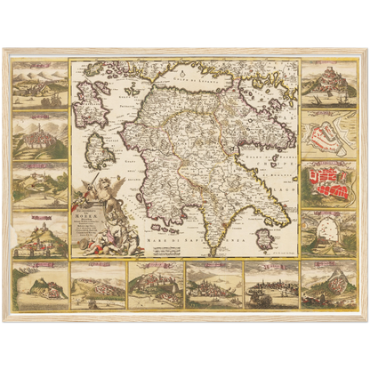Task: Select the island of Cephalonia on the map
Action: pos(90,111)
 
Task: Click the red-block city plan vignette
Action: pos(329,183)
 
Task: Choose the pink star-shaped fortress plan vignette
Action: pos(329,133)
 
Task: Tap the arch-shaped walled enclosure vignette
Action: pos(329,234)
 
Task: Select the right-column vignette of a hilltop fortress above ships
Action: pos(329,81)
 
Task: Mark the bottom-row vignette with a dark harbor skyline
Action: pos(271,285)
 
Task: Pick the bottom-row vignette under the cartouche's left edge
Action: pos(99,285)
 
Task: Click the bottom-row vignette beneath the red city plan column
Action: pos(329,285)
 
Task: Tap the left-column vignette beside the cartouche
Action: pos(41,234)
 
